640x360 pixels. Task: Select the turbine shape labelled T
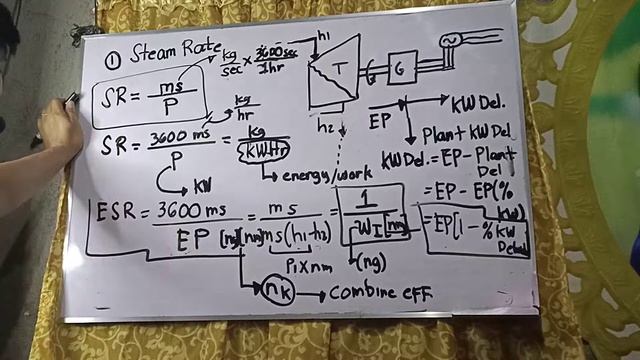click(336, 71)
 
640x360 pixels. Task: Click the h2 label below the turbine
click(325, 127)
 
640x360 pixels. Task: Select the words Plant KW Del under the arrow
click(467, 133)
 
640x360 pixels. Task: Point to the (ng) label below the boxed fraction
click(371, 262)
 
